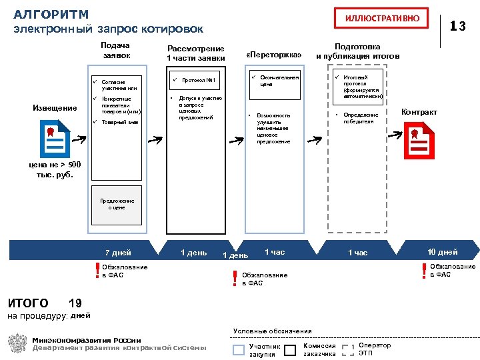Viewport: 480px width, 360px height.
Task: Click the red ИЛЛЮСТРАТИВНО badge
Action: coord(382,18)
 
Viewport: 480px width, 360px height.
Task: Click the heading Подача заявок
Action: coord(115,51)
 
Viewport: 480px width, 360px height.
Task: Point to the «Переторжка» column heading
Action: coord(274,55)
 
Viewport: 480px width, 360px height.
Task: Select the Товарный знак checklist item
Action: coord(119,123)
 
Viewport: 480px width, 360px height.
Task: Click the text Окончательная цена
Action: coord(279,81)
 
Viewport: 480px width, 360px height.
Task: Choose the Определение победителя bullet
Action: coord(360,118)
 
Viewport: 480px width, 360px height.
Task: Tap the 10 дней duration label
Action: coord(442,252)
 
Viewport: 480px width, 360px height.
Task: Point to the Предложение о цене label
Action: coord(117,204)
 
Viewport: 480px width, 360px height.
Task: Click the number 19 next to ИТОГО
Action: coord(75,303)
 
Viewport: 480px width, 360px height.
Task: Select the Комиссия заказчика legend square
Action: coord(290,350)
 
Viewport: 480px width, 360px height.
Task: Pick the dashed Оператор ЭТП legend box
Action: coord(347,350)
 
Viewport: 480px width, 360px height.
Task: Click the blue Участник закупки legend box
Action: coord(239,350)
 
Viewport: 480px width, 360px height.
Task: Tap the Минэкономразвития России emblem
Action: coord(17,344)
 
